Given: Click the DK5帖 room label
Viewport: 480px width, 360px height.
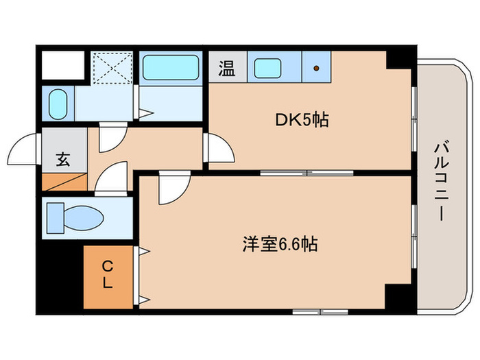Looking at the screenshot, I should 302,121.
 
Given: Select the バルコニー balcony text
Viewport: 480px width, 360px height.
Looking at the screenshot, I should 441,180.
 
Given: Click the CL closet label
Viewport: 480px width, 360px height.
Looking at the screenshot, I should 108,274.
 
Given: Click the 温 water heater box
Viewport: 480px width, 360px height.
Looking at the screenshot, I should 226,68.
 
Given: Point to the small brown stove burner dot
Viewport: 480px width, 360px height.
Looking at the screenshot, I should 315,68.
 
